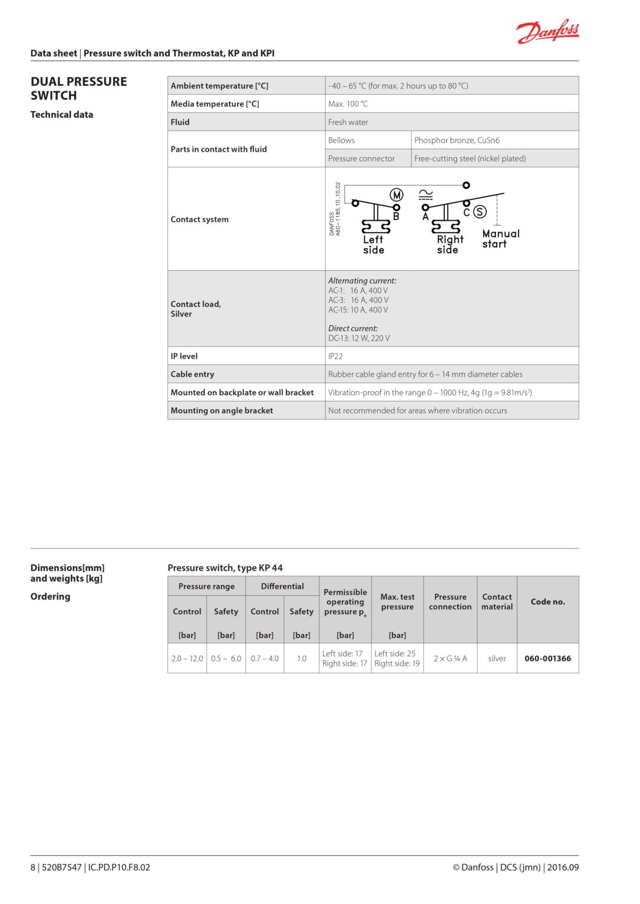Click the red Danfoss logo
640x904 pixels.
[547, 31]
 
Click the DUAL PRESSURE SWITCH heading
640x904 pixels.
[78, 88]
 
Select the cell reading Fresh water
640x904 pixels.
[348, 122]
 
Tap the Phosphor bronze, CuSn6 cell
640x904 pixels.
[457, 140]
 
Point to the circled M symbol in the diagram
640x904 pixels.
[397, 195]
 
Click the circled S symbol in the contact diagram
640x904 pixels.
[480, 212]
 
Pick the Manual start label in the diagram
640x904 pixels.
[500, 239]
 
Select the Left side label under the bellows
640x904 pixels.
[373, 245]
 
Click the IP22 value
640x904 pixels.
[335, 356]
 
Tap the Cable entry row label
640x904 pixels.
[192, 374]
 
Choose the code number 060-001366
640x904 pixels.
[547, 659]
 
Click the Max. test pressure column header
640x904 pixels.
[397, 601]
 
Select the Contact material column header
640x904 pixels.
[497, 601]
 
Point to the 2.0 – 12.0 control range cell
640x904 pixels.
[187, 659]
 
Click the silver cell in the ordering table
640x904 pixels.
[497, 659]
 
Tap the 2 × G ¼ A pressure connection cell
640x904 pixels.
[450, 659]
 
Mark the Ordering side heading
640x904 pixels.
[50, 596]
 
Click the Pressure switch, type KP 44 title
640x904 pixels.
[225, 568]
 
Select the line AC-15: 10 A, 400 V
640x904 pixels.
[358, 310]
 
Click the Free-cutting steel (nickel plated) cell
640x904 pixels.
[470, 158]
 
